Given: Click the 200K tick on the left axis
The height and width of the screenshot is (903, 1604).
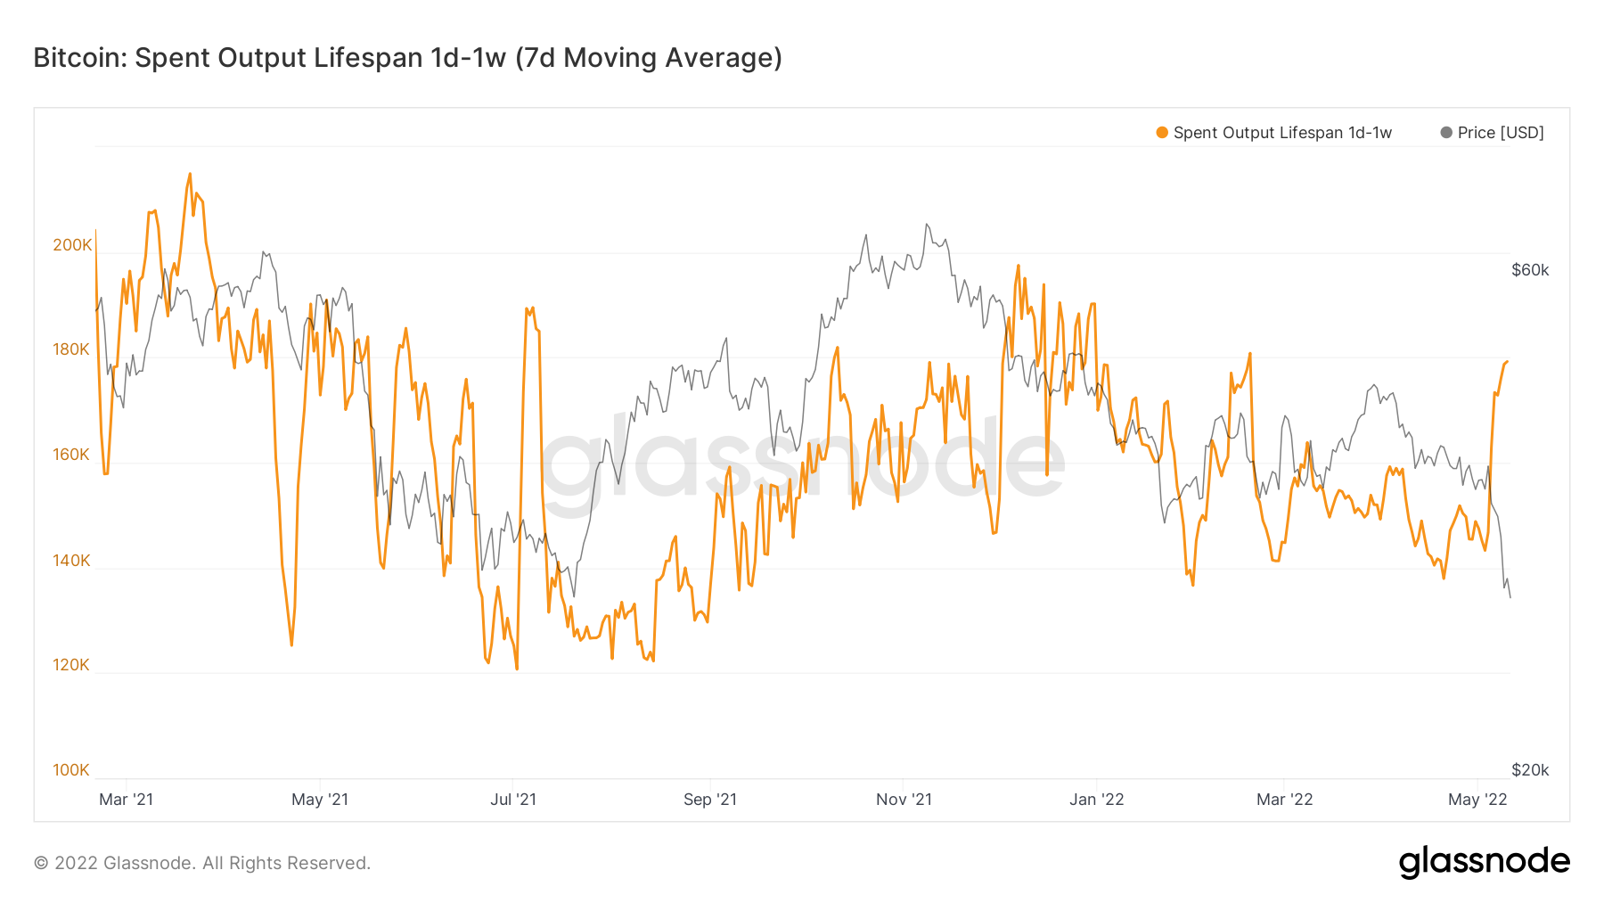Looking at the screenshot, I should click(72, 245).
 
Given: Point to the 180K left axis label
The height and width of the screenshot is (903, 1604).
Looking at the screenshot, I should click(71, 349).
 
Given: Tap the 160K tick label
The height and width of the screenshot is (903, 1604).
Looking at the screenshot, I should click(71, 455).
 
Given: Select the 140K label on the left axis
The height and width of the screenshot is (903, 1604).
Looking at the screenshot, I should click(71, 561).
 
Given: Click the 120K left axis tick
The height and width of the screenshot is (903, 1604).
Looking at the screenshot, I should click(71, 665).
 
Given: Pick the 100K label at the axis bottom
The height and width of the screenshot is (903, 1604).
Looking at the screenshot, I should click(71, 770).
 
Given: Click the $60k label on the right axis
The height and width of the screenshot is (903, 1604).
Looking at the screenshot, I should click(1530, 270).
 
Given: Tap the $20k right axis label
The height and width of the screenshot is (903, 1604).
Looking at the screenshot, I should click(1530, 770).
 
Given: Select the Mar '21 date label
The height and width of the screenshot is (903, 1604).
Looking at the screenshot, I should click(126, 800).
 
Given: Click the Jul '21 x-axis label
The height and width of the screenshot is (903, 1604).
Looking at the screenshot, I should click(513, 800).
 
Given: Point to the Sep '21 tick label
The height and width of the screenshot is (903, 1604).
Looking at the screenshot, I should click(710, 800).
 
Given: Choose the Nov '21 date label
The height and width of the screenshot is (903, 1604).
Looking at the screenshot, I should click(904, 800).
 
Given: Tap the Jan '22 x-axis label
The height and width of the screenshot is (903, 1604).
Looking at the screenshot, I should click(1096, 800).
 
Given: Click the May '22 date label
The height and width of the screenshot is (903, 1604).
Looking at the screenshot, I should click(1477, 800).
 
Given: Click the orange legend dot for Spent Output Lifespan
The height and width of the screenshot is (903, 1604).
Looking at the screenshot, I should click(1162, 133).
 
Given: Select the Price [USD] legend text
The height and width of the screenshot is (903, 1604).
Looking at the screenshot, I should click(1501, 133).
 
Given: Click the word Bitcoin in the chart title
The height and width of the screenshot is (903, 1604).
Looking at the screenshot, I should click(80, 58).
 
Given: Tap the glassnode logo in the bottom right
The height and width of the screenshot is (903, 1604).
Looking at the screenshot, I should click(1484, 862).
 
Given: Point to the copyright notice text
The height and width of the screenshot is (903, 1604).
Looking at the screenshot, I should click(202, 863).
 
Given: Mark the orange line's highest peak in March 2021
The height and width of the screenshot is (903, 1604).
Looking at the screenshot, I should click(190, 174).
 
